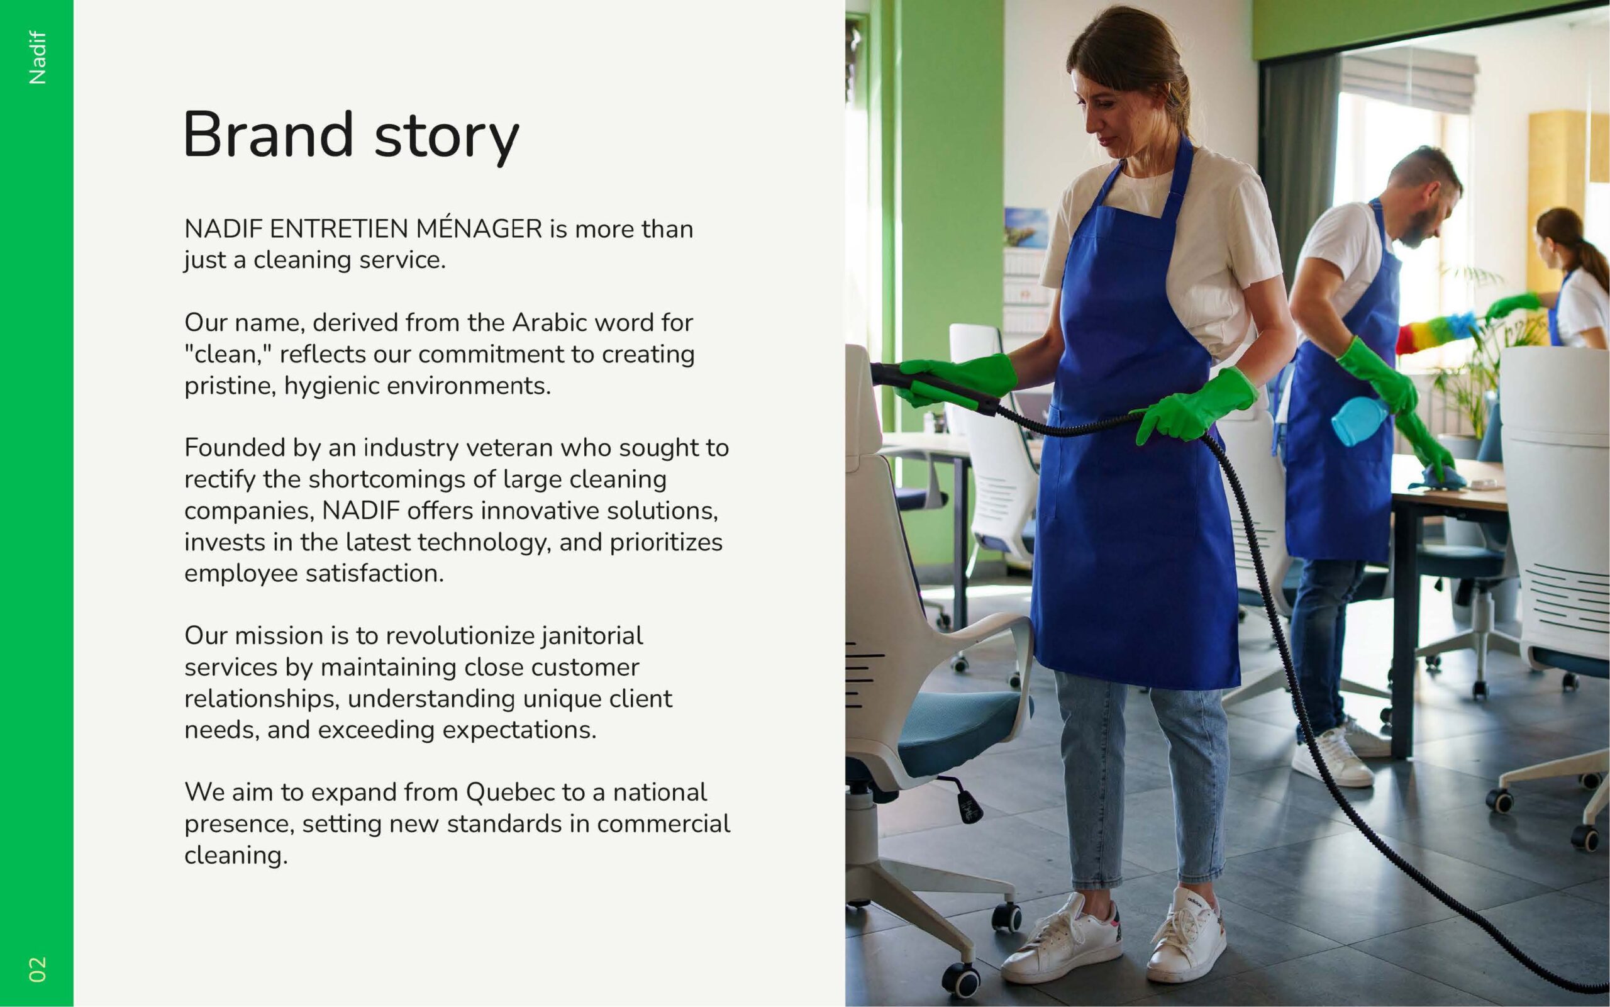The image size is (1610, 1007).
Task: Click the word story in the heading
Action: click(x=446, y=138)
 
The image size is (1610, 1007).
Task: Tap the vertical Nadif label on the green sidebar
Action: click(x=37, y=58)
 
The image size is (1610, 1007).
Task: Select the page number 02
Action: click(x=37, y=969)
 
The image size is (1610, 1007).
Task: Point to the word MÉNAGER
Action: click(x=479, y=228)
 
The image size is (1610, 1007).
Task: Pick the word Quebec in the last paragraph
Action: click(x=511, y=792)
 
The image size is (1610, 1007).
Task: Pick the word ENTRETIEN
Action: click(x=339, y=228)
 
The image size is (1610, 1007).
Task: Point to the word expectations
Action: click(x=519, y=731)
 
